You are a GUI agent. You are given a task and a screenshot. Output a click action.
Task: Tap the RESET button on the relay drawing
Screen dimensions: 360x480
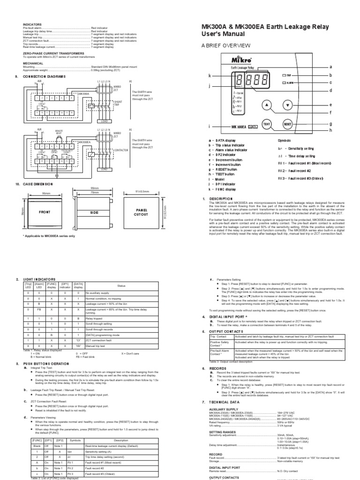(288, 124)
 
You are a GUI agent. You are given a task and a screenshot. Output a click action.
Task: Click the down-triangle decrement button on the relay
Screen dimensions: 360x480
(288, 105)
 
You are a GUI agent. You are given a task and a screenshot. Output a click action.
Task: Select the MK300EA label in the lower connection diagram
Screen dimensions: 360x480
(84, 142)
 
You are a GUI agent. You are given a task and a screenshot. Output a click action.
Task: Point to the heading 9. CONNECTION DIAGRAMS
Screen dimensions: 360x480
(47, 76)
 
